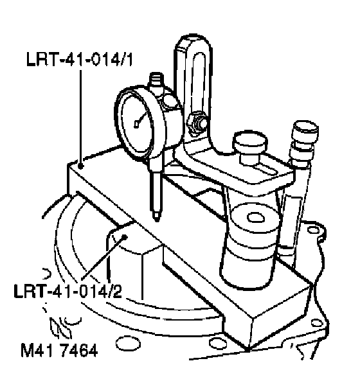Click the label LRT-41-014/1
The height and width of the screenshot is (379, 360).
pos(80,59)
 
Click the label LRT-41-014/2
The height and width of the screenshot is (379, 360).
pos(68,291)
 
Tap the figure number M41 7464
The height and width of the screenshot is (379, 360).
pos(59,350)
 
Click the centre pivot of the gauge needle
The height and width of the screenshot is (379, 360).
pos(136,124)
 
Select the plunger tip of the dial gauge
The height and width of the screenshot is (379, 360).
pos(157,216)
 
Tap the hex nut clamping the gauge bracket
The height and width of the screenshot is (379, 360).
pos(197,123)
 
